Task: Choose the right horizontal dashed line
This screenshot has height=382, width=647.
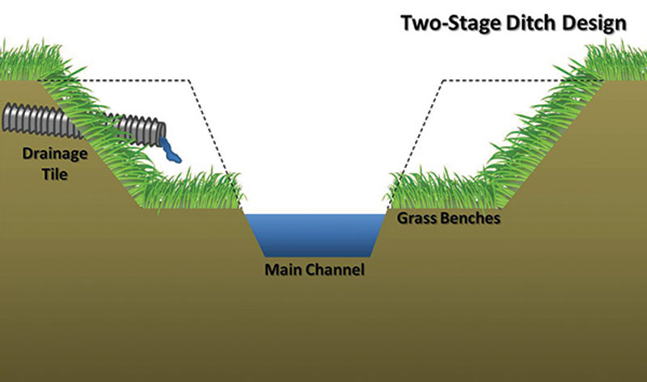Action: pyautogui.click(x=518, y=80)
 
